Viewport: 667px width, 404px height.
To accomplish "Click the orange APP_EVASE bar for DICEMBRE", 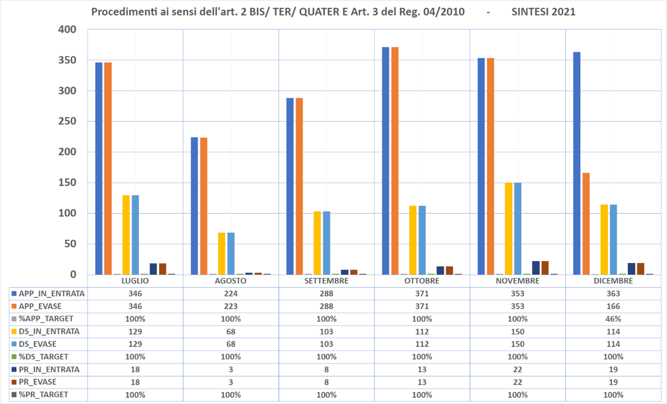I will pos(586,223).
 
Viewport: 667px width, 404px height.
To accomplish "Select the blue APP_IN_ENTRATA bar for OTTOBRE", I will pos(385,160).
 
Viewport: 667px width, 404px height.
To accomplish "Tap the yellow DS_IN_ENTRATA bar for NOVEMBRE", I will pos(509,228).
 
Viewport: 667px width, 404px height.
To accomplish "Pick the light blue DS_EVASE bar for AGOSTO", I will pos(231,253).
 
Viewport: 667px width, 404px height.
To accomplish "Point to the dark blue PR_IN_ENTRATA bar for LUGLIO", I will pos(153,269).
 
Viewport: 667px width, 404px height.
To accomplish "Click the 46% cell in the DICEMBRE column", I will pos(613,319).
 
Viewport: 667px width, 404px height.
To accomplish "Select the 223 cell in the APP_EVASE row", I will pos(231,306).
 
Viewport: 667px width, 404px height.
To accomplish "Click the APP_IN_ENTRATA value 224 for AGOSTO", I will pos(231,294).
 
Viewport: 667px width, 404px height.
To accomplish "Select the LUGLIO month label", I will pos(135,281).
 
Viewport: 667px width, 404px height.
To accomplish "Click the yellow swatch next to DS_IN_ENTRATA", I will pos(14,331).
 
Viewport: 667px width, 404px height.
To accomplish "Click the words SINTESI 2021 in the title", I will pos(543,12).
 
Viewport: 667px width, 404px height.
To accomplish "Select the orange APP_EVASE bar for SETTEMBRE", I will pos(299,186).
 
